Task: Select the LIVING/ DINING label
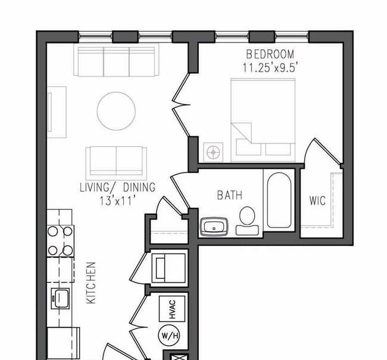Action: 118,187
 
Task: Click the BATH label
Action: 229,195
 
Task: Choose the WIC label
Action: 317,201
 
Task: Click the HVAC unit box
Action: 173,307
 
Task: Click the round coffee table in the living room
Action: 117,110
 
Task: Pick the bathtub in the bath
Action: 280,201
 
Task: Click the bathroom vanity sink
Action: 213,227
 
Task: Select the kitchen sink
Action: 60,296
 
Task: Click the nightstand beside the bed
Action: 213,152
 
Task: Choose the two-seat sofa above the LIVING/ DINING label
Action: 116,161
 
